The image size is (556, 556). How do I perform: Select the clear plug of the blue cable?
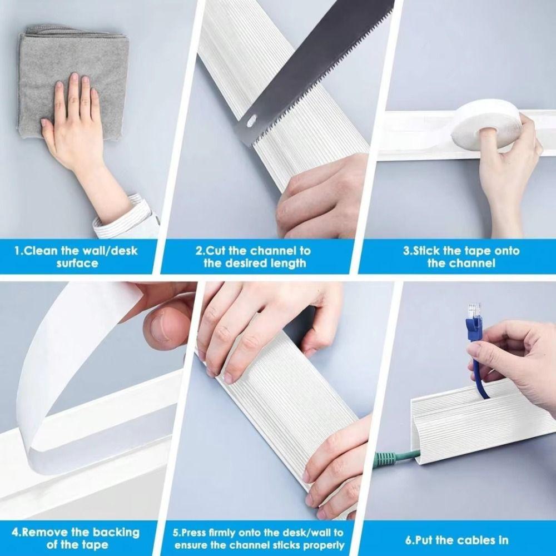[473, 311]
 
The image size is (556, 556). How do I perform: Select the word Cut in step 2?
[217, 251]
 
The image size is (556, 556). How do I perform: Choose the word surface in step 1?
[77, 263]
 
